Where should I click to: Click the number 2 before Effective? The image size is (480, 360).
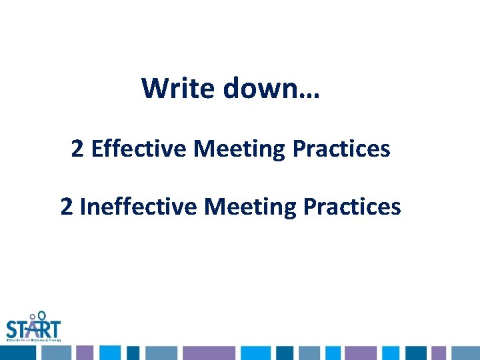tap(77, 149)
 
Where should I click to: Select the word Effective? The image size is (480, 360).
tap(139, 149)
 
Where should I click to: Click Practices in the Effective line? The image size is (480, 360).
tap(341, 149)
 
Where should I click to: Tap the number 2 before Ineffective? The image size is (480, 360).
tap(67, 207)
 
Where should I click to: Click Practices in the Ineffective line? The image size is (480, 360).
tap(352, 207)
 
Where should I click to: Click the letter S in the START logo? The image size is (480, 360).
tap(11, 329)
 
